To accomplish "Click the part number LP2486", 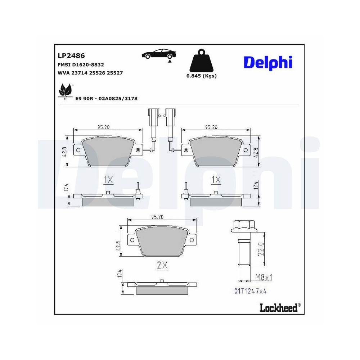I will (x=71, y=55).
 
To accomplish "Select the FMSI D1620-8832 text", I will (x=81, y=64).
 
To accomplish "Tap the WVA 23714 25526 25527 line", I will (x=90, y=73).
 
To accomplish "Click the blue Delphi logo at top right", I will (x=268, y=62).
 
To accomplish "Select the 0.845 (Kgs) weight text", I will (x=201, y=76).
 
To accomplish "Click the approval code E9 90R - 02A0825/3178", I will (x=106, y=98).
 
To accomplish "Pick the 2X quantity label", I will (x=162, y=265).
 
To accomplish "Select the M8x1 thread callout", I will (x=263, y=277).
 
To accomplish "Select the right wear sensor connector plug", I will (x=170, y=117).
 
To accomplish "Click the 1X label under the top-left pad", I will (x=108, y=180).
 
